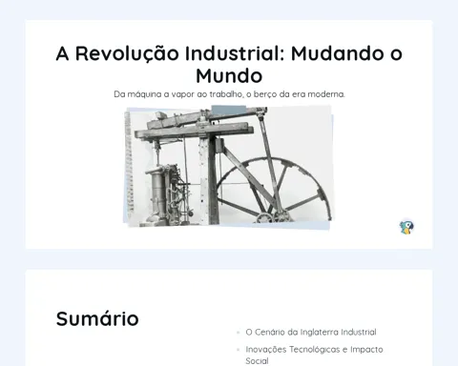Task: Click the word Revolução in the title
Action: tap(127, 53)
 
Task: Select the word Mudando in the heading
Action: tap(338, 52)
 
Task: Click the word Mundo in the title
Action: tap(229, 75)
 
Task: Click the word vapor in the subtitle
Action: tap(184, 94)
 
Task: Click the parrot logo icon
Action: tap(406, 227)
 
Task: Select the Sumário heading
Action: tap(97, 318)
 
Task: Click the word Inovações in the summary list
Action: tap(266, 350)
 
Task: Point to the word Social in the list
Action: tap(257, 361)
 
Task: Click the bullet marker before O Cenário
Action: tap(238, 333)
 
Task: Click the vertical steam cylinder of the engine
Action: tap(156, 193)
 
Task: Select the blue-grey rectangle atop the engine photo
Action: tap(229, 111)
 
